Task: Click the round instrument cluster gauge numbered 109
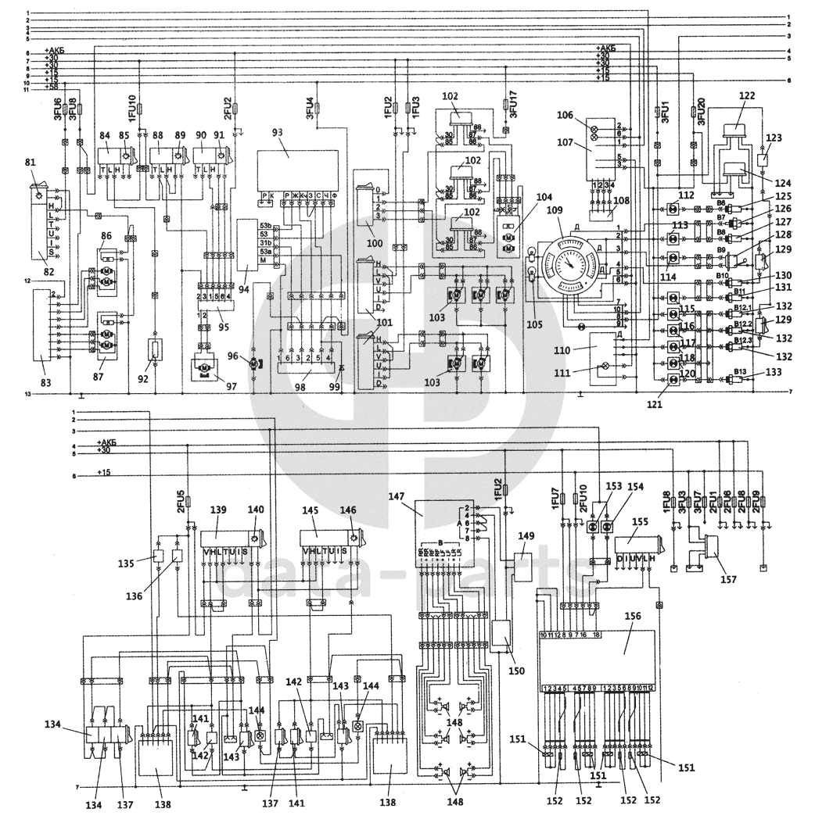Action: coord(573,262)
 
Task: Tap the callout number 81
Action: coord(31,163)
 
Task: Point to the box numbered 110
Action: coord(604,348)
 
